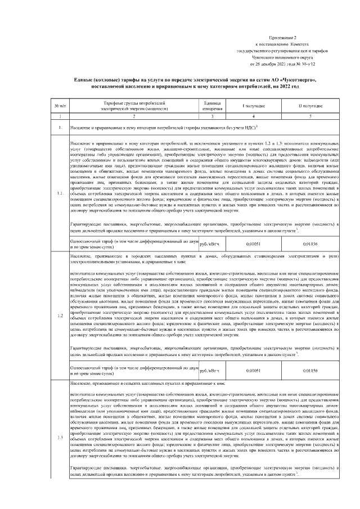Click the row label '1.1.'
[x=60, y=194]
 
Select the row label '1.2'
[x=60, y=314]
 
